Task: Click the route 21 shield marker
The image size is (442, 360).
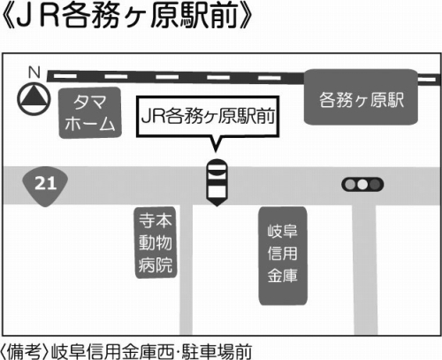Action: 45,186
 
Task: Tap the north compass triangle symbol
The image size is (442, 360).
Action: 34,99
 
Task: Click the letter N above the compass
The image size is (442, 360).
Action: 34,72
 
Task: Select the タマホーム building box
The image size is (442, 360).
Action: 90,113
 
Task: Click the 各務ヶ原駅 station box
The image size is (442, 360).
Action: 361,97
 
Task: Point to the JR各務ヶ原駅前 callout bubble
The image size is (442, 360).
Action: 208,117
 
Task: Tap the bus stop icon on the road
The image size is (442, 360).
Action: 217,182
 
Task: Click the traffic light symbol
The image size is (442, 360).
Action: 362,185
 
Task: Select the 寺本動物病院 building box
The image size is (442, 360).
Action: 156,242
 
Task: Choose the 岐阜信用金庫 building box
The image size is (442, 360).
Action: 283,256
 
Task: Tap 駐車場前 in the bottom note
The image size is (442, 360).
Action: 217,352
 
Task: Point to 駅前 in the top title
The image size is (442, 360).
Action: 209,17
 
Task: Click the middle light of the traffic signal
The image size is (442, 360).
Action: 362,185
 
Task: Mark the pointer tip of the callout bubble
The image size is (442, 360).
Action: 216,152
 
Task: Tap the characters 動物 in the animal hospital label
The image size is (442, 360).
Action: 156,242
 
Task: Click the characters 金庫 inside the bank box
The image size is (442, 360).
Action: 283,276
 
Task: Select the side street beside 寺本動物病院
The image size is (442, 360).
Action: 186,270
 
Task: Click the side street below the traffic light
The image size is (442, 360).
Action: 365,270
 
